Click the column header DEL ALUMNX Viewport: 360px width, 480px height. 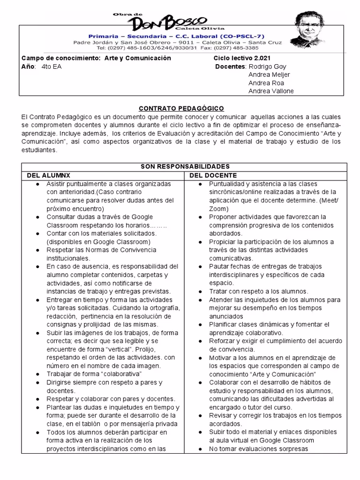[x=47, y=175]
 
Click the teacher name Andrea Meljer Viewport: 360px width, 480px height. [x=269, y=75]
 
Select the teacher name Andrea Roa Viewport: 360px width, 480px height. [x=266, y=83]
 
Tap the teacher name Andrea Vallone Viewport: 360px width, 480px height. [x=271, y=91]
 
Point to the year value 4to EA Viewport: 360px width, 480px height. [x=52, y=67]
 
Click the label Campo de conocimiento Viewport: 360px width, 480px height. [x=60, y=58]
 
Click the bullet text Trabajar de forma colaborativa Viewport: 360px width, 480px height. [x=94, y=374]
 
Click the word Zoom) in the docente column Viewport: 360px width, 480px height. [x=218, y=209]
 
